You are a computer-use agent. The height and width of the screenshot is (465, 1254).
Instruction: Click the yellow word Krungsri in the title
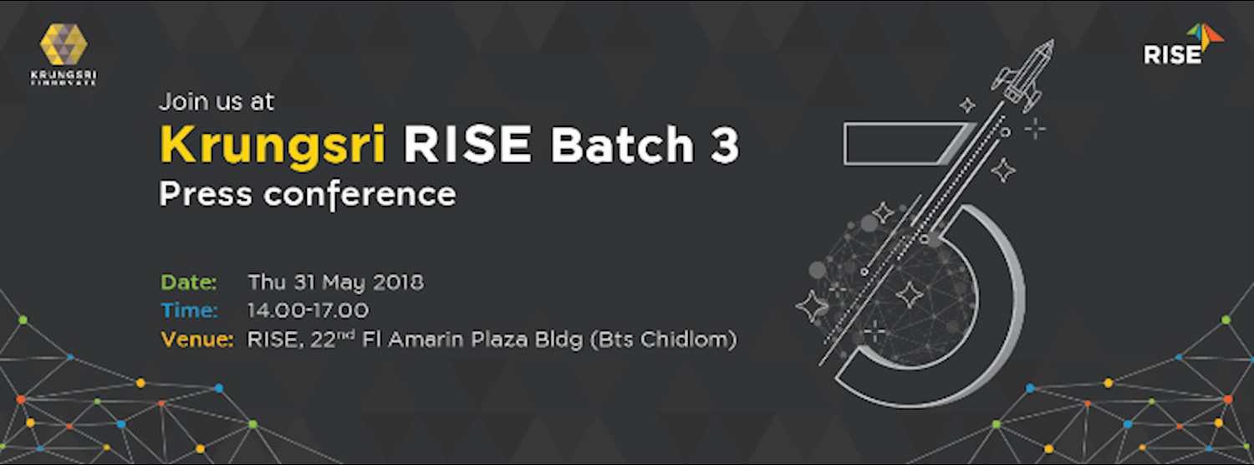[273, 146]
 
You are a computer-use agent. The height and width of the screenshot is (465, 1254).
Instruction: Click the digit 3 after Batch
[722, 146]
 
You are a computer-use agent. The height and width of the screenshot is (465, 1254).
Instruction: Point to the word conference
[359, 194]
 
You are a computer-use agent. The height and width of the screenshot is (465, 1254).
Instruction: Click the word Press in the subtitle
[206, 194]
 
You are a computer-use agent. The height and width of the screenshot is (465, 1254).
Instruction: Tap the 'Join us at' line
[217, 102]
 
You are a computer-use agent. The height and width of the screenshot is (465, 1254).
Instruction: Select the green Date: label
[189, 282]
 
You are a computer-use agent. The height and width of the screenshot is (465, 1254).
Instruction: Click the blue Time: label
[190, 310]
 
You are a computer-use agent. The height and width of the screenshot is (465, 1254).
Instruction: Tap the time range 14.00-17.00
[308, 310]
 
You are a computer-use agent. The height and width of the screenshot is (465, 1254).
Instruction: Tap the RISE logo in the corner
[1182, 45]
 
